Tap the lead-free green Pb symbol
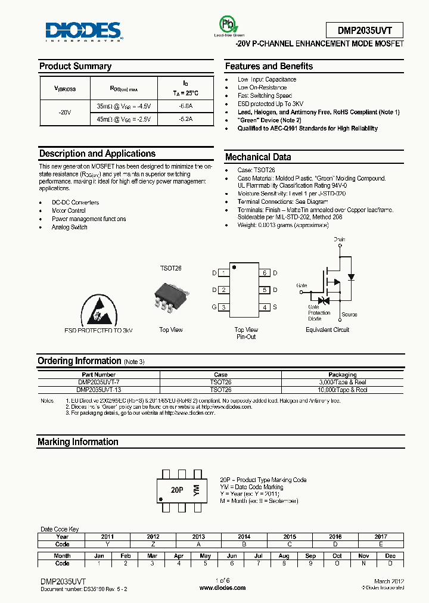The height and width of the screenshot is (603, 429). click(x=226, y=24)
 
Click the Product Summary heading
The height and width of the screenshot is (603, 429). click(x=75, y=66)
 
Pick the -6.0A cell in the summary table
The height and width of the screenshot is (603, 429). click(x=186, y=106)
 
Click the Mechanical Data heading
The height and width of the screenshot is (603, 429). click(x=258, y=157)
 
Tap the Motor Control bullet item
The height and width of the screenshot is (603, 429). click(x=69, y=210)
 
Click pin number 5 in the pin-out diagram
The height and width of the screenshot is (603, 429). click(x=266, y=290)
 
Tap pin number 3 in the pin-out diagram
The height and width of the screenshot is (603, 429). click(x=223, y=307)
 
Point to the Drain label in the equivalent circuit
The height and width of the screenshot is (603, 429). click(x=339, y=239)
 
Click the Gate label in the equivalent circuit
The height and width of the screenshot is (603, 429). click(x=301, y=285)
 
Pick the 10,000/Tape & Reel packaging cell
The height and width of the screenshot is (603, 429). click(x=342, y=389)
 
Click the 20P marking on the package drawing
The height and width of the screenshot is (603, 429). click(x=176, y=490)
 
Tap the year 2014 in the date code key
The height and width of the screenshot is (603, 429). click(x=244, y=536)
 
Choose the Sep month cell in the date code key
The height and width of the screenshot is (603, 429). click(x=310, y=555)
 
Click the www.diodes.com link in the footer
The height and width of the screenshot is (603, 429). click(x=222, y=588)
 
